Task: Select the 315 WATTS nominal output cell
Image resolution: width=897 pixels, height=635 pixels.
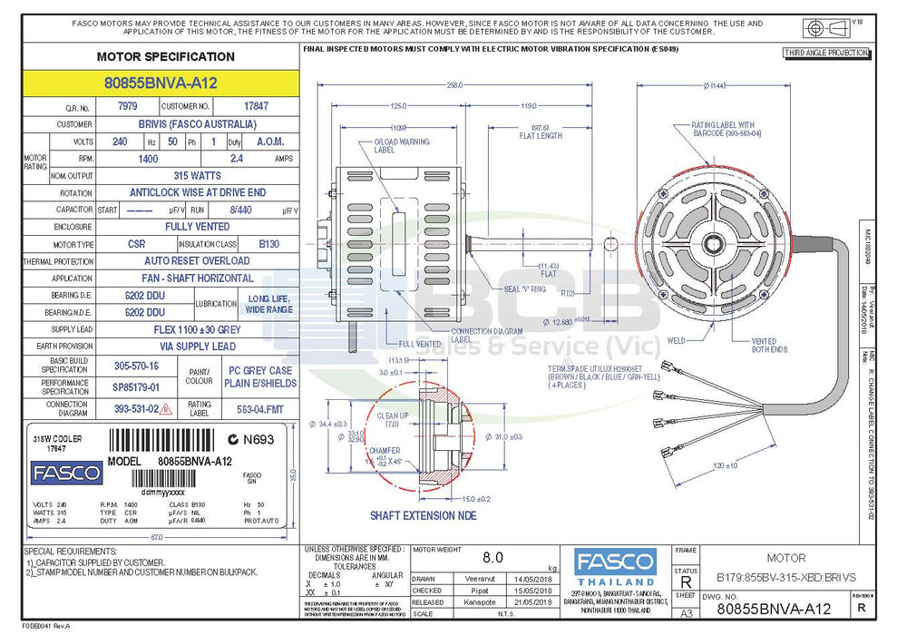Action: point(197,175)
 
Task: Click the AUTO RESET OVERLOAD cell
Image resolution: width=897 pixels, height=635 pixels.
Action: point(197,260)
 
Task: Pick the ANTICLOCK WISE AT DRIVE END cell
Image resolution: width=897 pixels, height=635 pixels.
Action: point(197,192)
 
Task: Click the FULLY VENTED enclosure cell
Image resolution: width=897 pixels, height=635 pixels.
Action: point(197,227)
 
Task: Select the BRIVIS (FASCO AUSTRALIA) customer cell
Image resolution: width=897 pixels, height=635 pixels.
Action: point(197,124)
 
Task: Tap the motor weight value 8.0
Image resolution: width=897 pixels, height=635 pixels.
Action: point(492,558)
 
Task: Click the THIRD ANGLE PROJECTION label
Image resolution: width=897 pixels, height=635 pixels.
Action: point(826,54)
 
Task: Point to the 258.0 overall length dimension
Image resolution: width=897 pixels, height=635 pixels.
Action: point(454,84)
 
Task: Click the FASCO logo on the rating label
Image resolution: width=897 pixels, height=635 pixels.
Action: point(66,473)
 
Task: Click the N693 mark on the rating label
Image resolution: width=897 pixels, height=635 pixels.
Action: point(251,440)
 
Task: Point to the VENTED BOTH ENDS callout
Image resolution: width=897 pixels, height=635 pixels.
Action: point(769,346)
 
